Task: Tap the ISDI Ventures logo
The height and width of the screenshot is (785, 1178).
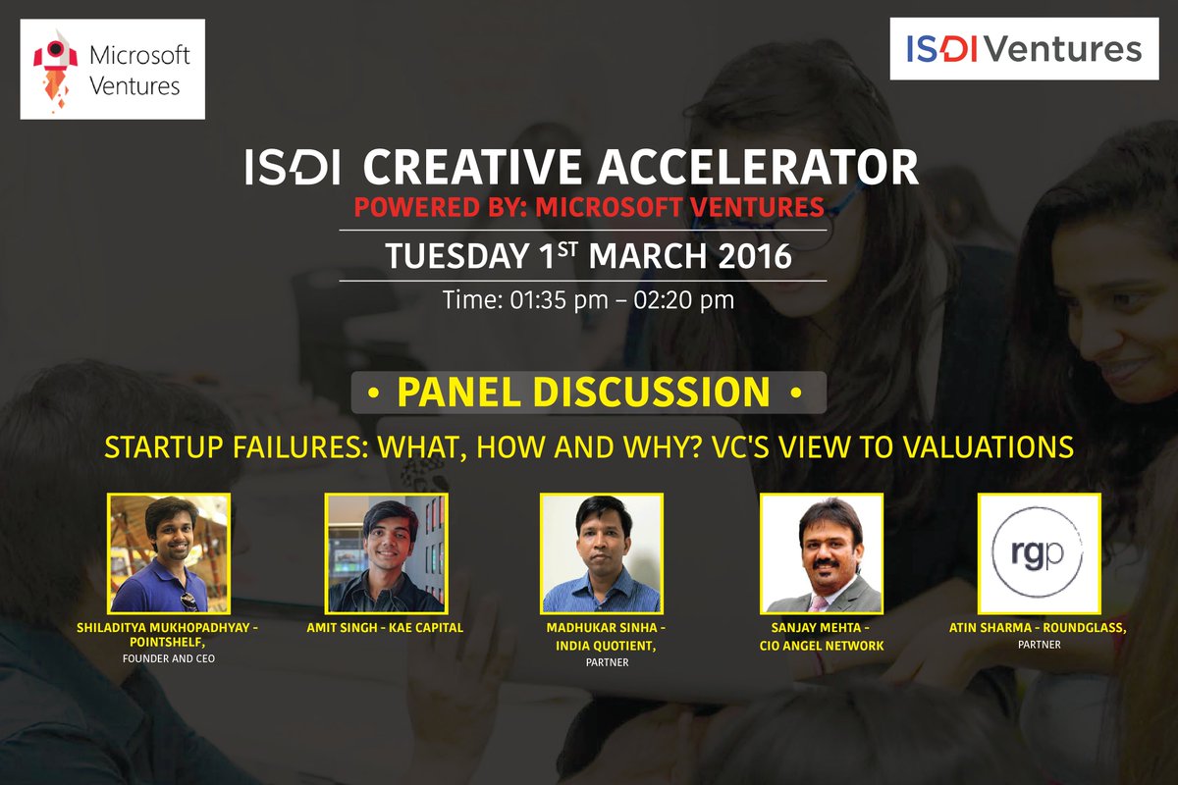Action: [x=1015, y=48]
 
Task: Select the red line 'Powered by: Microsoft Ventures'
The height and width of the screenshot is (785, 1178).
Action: [x=589, y=208]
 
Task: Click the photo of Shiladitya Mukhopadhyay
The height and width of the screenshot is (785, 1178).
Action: [x=169, y=553]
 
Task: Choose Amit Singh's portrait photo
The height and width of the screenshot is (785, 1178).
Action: [x=386, y=553]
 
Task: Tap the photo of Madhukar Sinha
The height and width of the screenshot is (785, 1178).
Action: [x=602, y=553]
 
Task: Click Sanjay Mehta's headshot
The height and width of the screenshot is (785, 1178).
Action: [x=822, y=553]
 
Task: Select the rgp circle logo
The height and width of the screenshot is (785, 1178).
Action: [x=1039, y=553]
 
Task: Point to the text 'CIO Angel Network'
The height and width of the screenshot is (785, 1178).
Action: [x=822, y=645]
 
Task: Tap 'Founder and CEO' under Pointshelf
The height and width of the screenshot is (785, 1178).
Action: [x=169, y=658]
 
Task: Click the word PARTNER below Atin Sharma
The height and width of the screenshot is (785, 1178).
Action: [x=1040, y=645]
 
